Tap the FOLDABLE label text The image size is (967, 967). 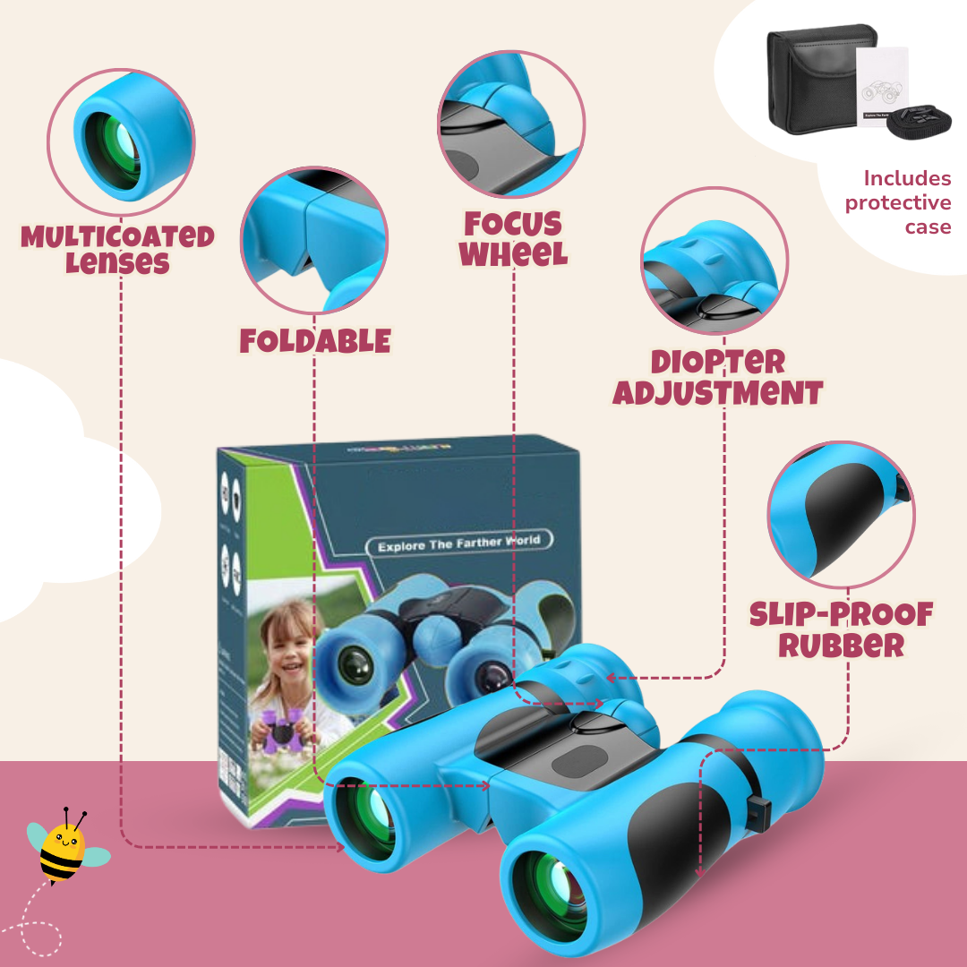315,341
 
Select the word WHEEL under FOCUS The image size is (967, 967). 514,254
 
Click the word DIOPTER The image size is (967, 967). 717,362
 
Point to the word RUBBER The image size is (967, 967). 841,645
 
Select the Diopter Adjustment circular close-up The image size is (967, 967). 715,261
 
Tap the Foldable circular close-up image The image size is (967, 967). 314,239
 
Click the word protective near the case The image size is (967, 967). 897,203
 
